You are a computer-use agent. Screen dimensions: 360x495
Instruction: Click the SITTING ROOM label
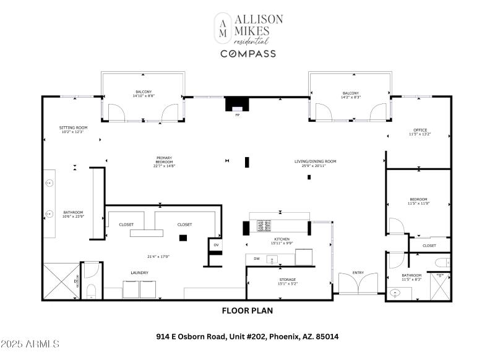click(x=72, y=127)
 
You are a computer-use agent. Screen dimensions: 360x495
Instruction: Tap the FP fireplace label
click(x=236, y=115)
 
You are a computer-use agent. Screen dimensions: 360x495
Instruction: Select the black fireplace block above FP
click(x=236, y=103)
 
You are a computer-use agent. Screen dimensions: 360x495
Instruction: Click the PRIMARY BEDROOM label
click(x=164, y=158)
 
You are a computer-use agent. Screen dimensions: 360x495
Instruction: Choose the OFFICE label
click(x=420, y=130)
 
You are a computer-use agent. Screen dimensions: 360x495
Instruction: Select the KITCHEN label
click(x=280, y=239)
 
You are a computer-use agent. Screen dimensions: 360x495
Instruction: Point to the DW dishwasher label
click(x=256, y=258)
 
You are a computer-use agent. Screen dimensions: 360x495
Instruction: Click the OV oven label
click(x=216, y=245)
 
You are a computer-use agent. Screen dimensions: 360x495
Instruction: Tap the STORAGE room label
click(x=288, y=280)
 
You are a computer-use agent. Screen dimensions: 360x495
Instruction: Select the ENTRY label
click(x=358, y=272)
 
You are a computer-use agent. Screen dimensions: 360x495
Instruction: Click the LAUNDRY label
click(x=139, y=272)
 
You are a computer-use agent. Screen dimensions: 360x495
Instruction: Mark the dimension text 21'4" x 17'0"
click(x=158, y=257)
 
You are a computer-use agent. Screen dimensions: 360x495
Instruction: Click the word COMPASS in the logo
click(x=248, y=54)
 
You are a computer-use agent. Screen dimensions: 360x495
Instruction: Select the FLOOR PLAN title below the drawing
click(x=247, y=311)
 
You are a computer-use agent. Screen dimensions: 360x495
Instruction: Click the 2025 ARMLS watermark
click(x=30, y=343)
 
